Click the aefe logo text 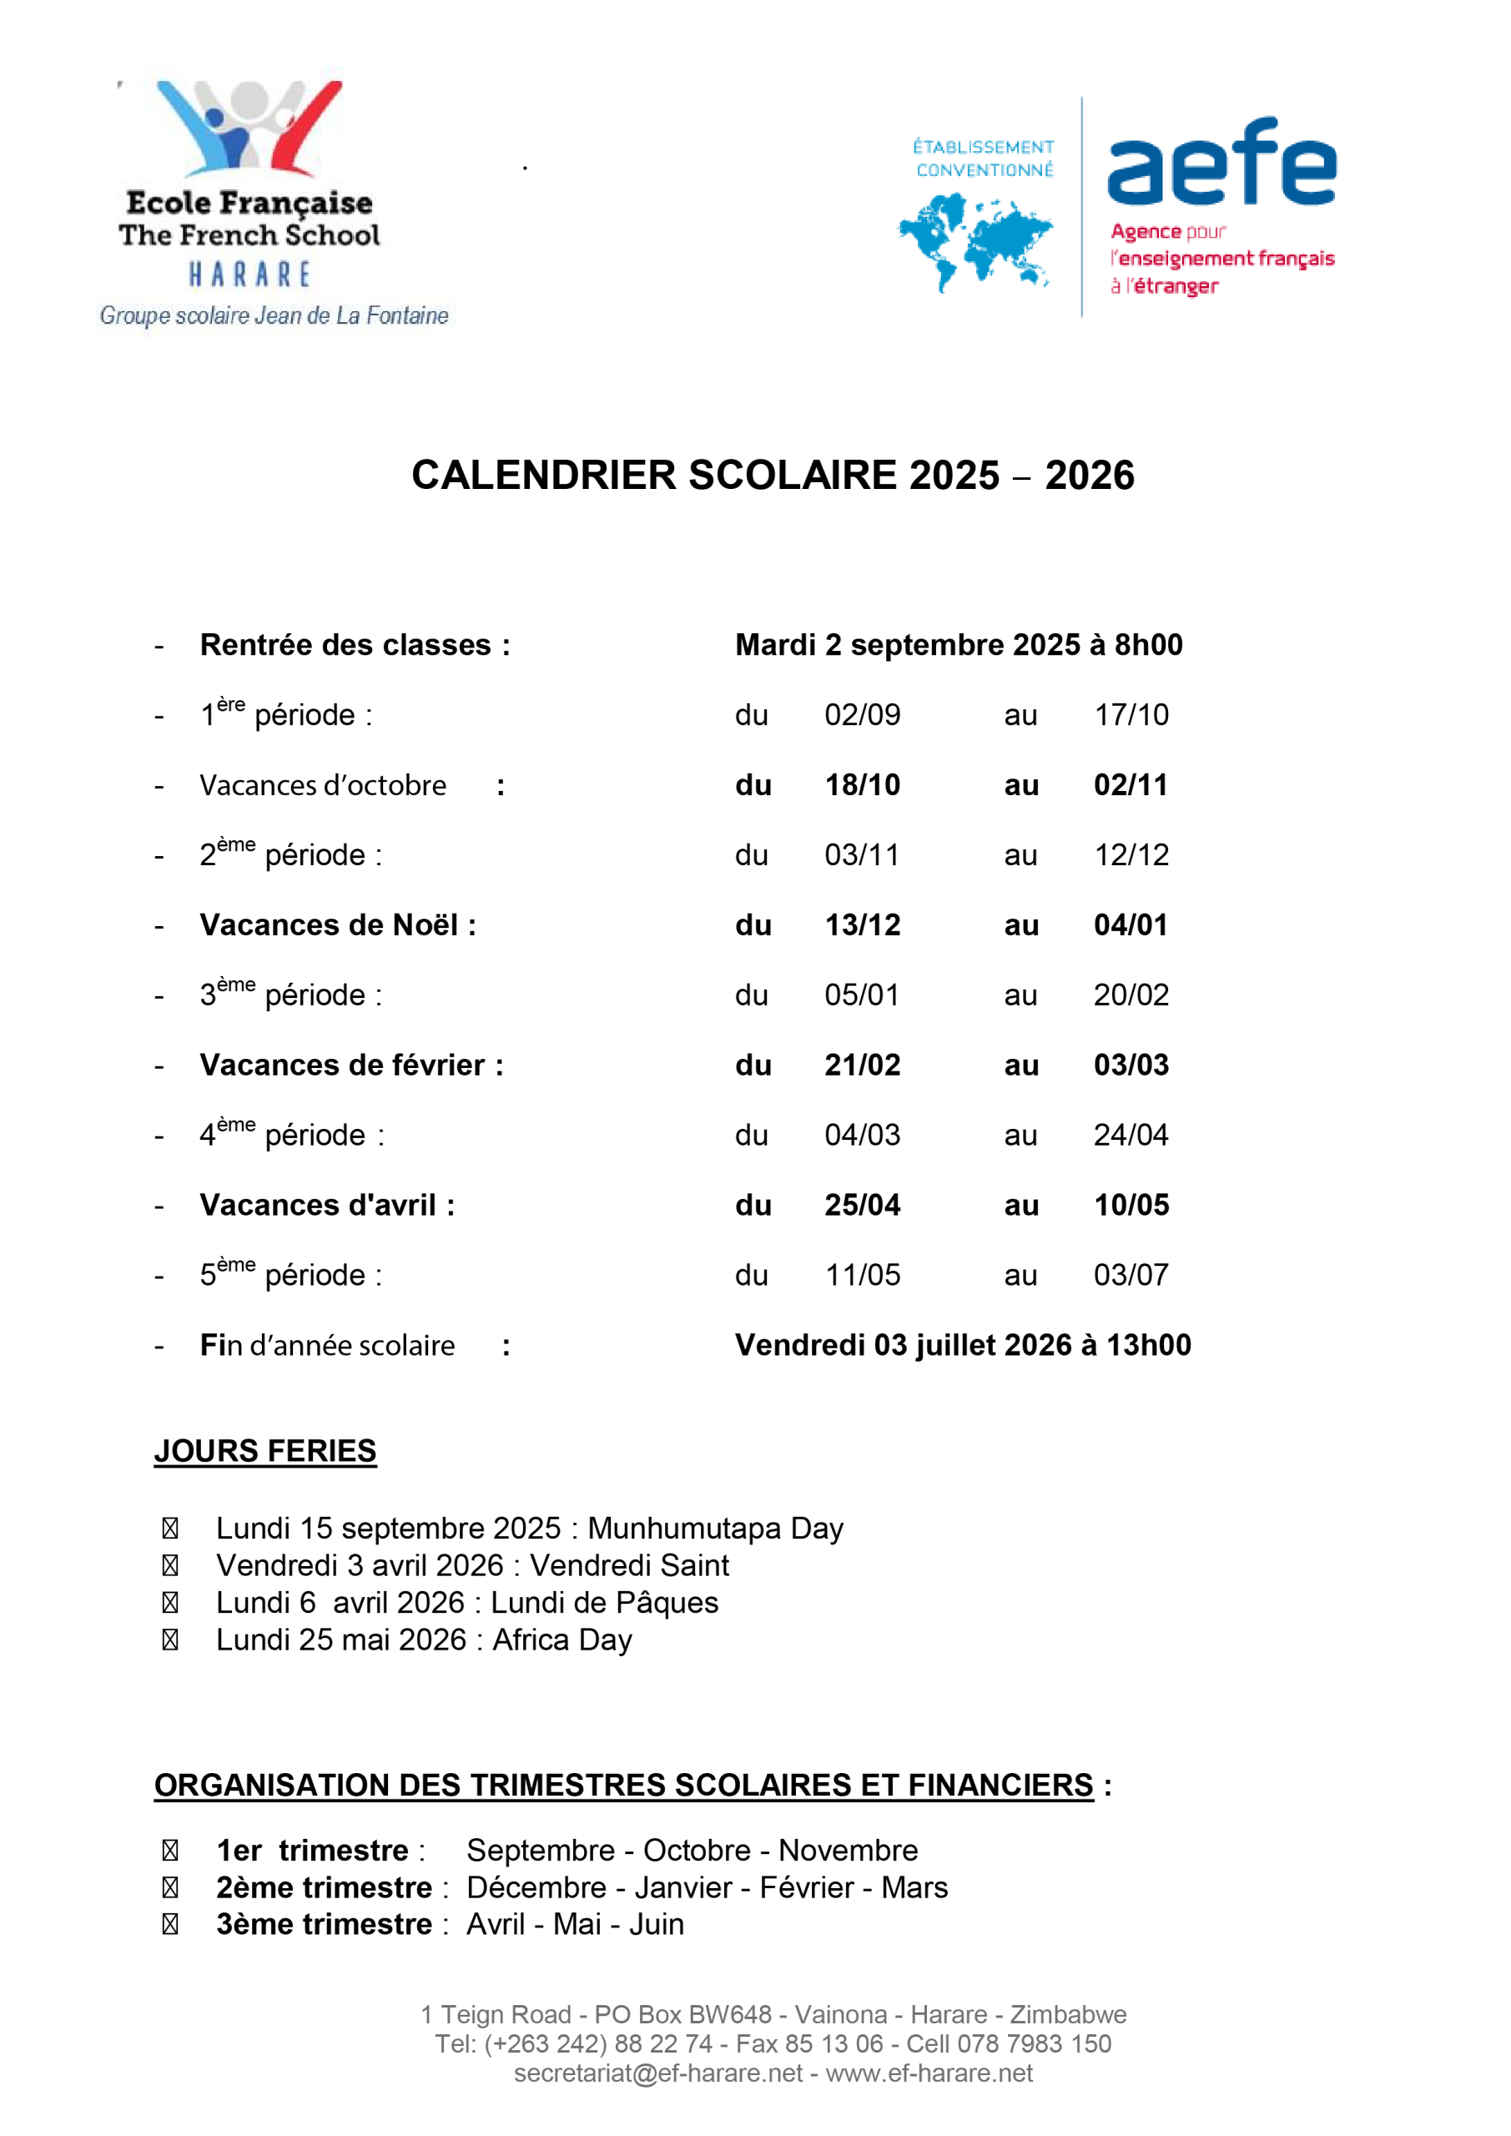[x=1221, y=162]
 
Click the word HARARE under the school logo [x=249, y=275]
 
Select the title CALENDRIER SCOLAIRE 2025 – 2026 [x=773, y=476]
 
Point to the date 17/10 [x=1131, y=714]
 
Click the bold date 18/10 [x=862, y=785]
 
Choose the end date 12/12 [x=1131, y=855]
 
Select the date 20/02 [x=1131, y=995]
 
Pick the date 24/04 [x=1131, y=1135]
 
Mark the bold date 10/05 [x=1131, y=1205]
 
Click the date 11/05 [x=862, y=1275]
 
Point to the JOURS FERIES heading [x=265, y=1450]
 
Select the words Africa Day [x=562, y=1640]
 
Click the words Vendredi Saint [x=629, y=1566]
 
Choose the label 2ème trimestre [x=324, y=1887]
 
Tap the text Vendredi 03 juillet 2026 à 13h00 [x=962, y=1345]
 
